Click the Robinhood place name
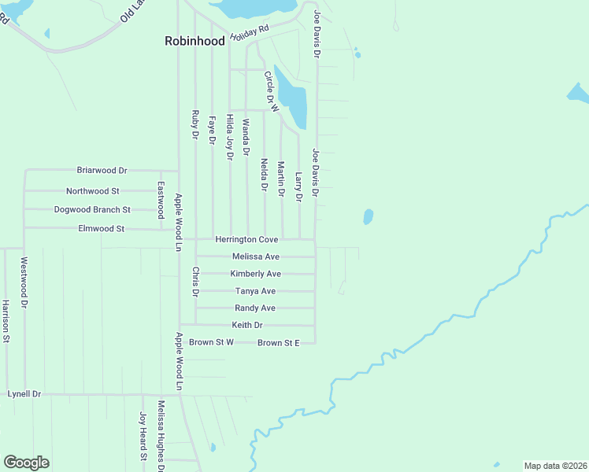pyautogui.click(x=194, y=41)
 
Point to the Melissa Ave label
pyautogui.click(x=256, y=256)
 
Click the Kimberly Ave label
pyautogui.click(x=255, y=274)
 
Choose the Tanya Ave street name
pyautogui.click(x=255, y=291)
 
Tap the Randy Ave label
pyautogui.click(x=255, y=308)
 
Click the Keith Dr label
pyautogui.click(x=247, y=325)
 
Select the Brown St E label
pyautogui.click(x=279, y=343)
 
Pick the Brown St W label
pyautogui.click(x=211, y=342)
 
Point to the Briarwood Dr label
pyautogui.click(x=102, y=170)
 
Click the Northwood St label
pyautogui.click(x=92, y=191)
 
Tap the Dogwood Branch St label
pyautogui.click(x=92, y=210)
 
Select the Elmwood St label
pyautogui.click(x=102, y=229)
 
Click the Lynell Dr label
pyautogui.click(x=24, y=393)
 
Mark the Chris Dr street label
pyautogui.click(x=196, y=282)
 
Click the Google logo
pyautogui.click(x=26, y=463)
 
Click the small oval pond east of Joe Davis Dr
pyautogui.click(x=368, y=216)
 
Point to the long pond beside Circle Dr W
pyautogui.click(x=293, y=100)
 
